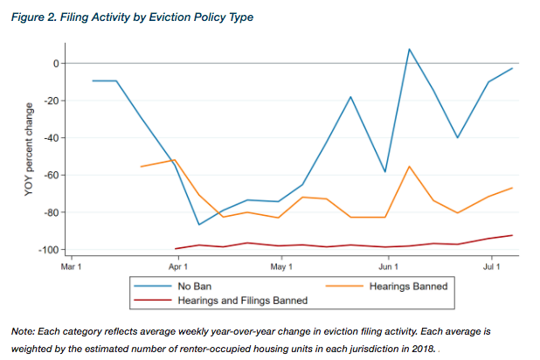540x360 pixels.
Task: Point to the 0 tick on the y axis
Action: pos(54,64)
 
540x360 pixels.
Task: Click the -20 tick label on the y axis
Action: pos(50,101)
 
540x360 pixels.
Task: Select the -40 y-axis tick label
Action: pos(50,138)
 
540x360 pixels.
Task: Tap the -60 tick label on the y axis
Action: pos(50,176)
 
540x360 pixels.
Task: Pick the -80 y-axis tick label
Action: pos(50,213)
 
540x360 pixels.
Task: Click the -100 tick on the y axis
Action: pos(48,251)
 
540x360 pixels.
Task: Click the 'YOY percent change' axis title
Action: pos(29,157)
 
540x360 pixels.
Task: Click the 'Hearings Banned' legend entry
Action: pos(408,286)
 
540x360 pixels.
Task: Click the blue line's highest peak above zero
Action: pos(409,49)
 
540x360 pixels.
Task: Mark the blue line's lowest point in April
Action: pos(200,225)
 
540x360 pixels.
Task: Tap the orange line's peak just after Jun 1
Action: pos(409,166)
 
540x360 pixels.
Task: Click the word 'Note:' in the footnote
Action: pos(24,333)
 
